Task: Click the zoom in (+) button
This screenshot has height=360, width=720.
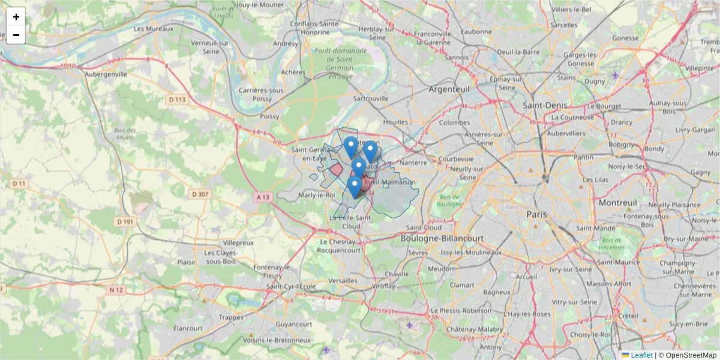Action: (x=16, y=17)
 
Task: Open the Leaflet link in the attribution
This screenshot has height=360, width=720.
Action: (x=641, y=355)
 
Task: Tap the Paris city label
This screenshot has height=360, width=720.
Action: (x=538, y=214)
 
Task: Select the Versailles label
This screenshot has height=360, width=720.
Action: (x=344, y=281)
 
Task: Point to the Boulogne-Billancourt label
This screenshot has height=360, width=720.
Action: (x=442, y=238)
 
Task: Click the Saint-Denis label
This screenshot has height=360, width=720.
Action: (x=545, y=105)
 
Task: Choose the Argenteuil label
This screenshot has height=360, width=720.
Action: (x=449, y=89)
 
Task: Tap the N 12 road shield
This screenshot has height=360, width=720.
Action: (x=116, y=290)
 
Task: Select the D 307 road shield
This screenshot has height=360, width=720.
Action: (x=199, y=194)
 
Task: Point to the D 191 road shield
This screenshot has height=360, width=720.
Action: (x=125, y=221)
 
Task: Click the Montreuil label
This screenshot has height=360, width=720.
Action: (x=617, y=203)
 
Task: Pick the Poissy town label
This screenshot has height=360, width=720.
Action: (x=270, y=116)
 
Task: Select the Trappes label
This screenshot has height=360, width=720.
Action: (x=232, y=317)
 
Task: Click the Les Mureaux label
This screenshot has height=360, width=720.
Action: (x=154, y=28)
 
